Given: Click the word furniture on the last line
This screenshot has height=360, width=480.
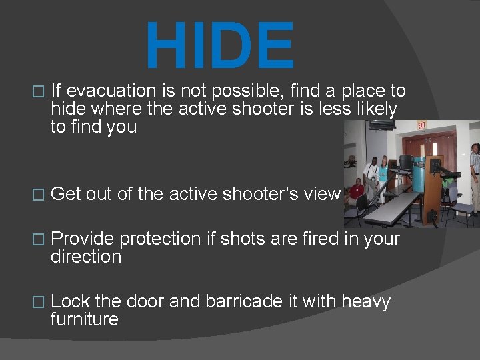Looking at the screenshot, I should click(84, 319).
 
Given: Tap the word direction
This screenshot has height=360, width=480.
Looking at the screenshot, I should click(86, 257).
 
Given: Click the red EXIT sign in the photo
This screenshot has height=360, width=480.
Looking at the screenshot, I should click(421, 125).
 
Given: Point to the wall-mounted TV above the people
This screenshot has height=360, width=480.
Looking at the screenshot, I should click(382, 125).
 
